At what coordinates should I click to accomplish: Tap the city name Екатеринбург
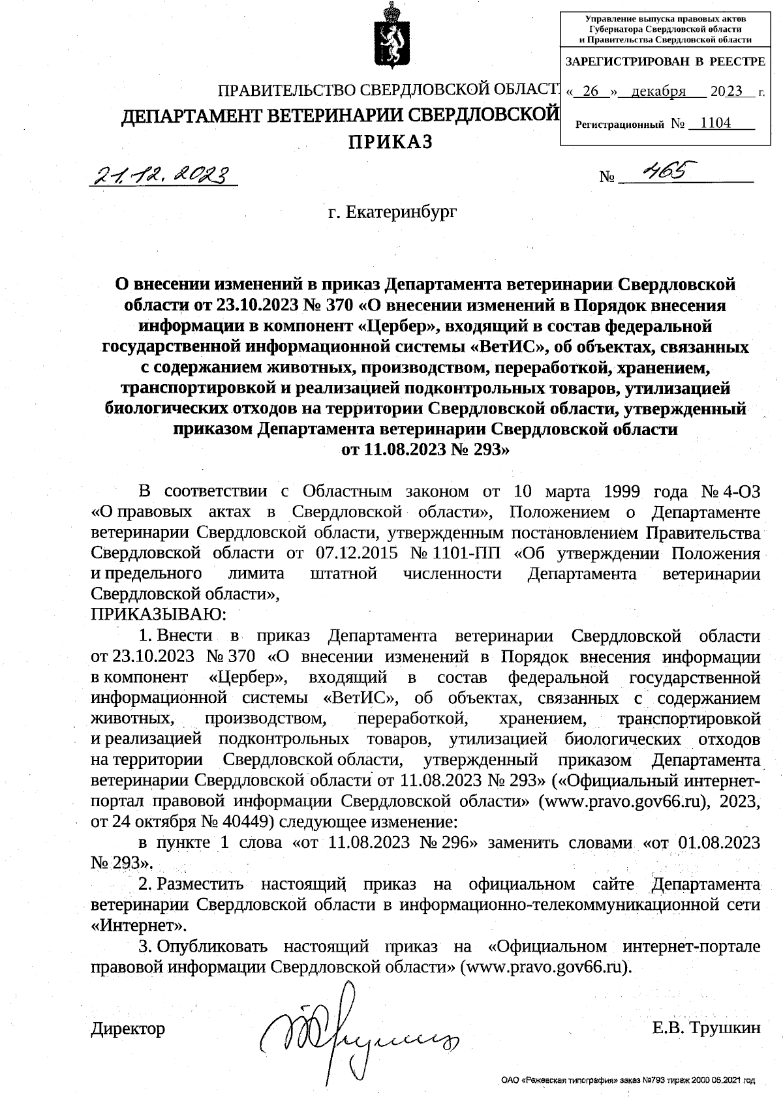coord(393,211)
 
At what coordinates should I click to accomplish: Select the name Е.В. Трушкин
coord(706,1028)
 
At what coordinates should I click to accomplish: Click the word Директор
coord(128,1029)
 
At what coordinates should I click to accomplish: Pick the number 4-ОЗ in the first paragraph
coord(741,490)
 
